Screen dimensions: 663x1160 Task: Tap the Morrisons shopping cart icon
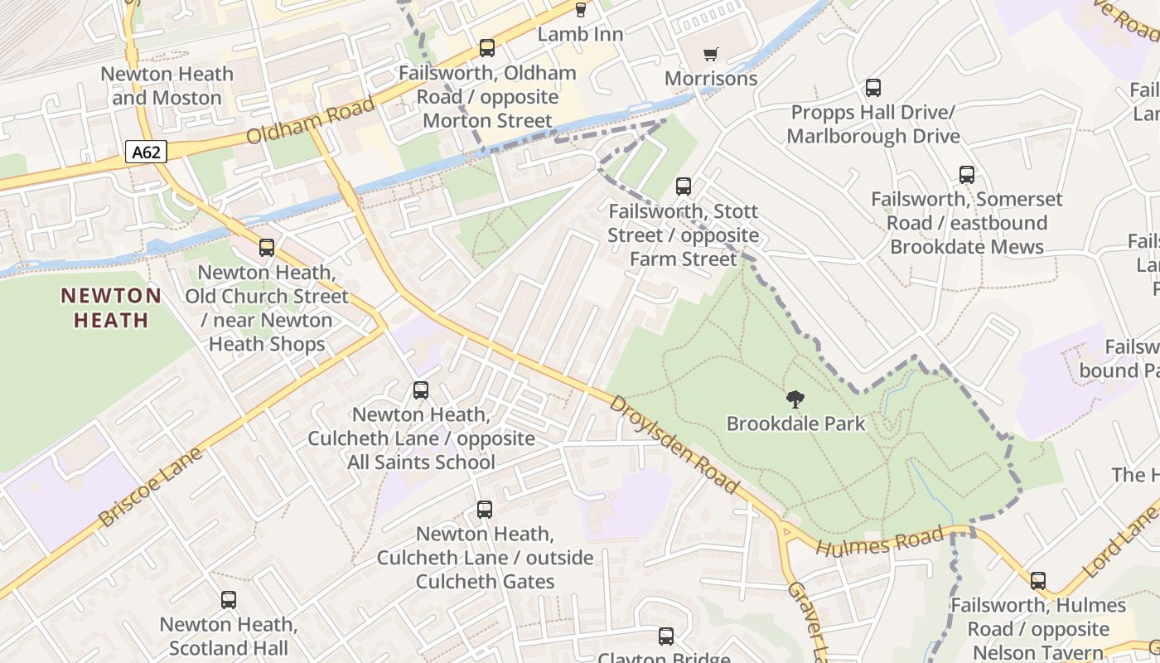pyautogui.click(x=710, y=55)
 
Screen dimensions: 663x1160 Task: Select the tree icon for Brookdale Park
pyautogui.click(x=795, y=399)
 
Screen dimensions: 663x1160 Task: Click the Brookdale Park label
pyautogui.click(x=795, y=423)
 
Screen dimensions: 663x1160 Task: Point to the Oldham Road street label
pyautogui.click(x=310, y=121)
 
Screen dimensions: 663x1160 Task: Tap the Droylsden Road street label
pyautogui.click(x=673, y=444)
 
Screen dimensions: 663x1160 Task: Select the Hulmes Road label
pyautogui.click(x=879, y=541)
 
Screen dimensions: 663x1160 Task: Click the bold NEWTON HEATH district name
pyautogui.click(x=111, y=307)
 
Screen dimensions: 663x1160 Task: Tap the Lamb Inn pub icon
pyautogui.click(x=580, y=10)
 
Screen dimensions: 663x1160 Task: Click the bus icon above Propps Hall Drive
pyautogui.click(x=872, y=88)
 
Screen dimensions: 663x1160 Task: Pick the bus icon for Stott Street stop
pyautogui.click(x=683, y=186)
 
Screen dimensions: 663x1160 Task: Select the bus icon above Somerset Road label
pyautogui.click(x=966, y=175)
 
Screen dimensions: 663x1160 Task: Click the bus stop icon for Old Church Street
pyautogui.click(x=266, y=248)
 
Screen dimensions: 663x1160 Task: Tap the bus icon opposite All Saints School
pyautogui.click(x=421, y=390)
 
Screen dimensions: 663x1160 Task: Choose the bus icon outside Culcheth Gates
pyautogui.click(x=485, y=510)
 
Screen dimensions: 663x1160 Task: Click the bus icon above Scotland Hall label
pyautogui.click(x=228, y=600)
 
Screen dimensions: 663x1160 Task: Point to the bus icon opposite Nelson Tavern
pyautogui.click(x=1037, y=581)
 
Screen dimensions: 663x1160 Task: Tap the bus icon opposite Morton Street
pyautogui.click(x=486, y=49)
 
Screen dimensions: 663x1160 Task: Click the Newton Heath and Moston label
pyautogui.click(x=167, y=85)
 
